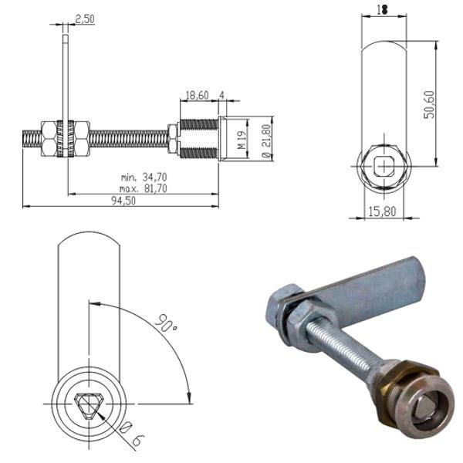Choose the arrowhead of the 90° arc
click(x=189, y=397)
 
